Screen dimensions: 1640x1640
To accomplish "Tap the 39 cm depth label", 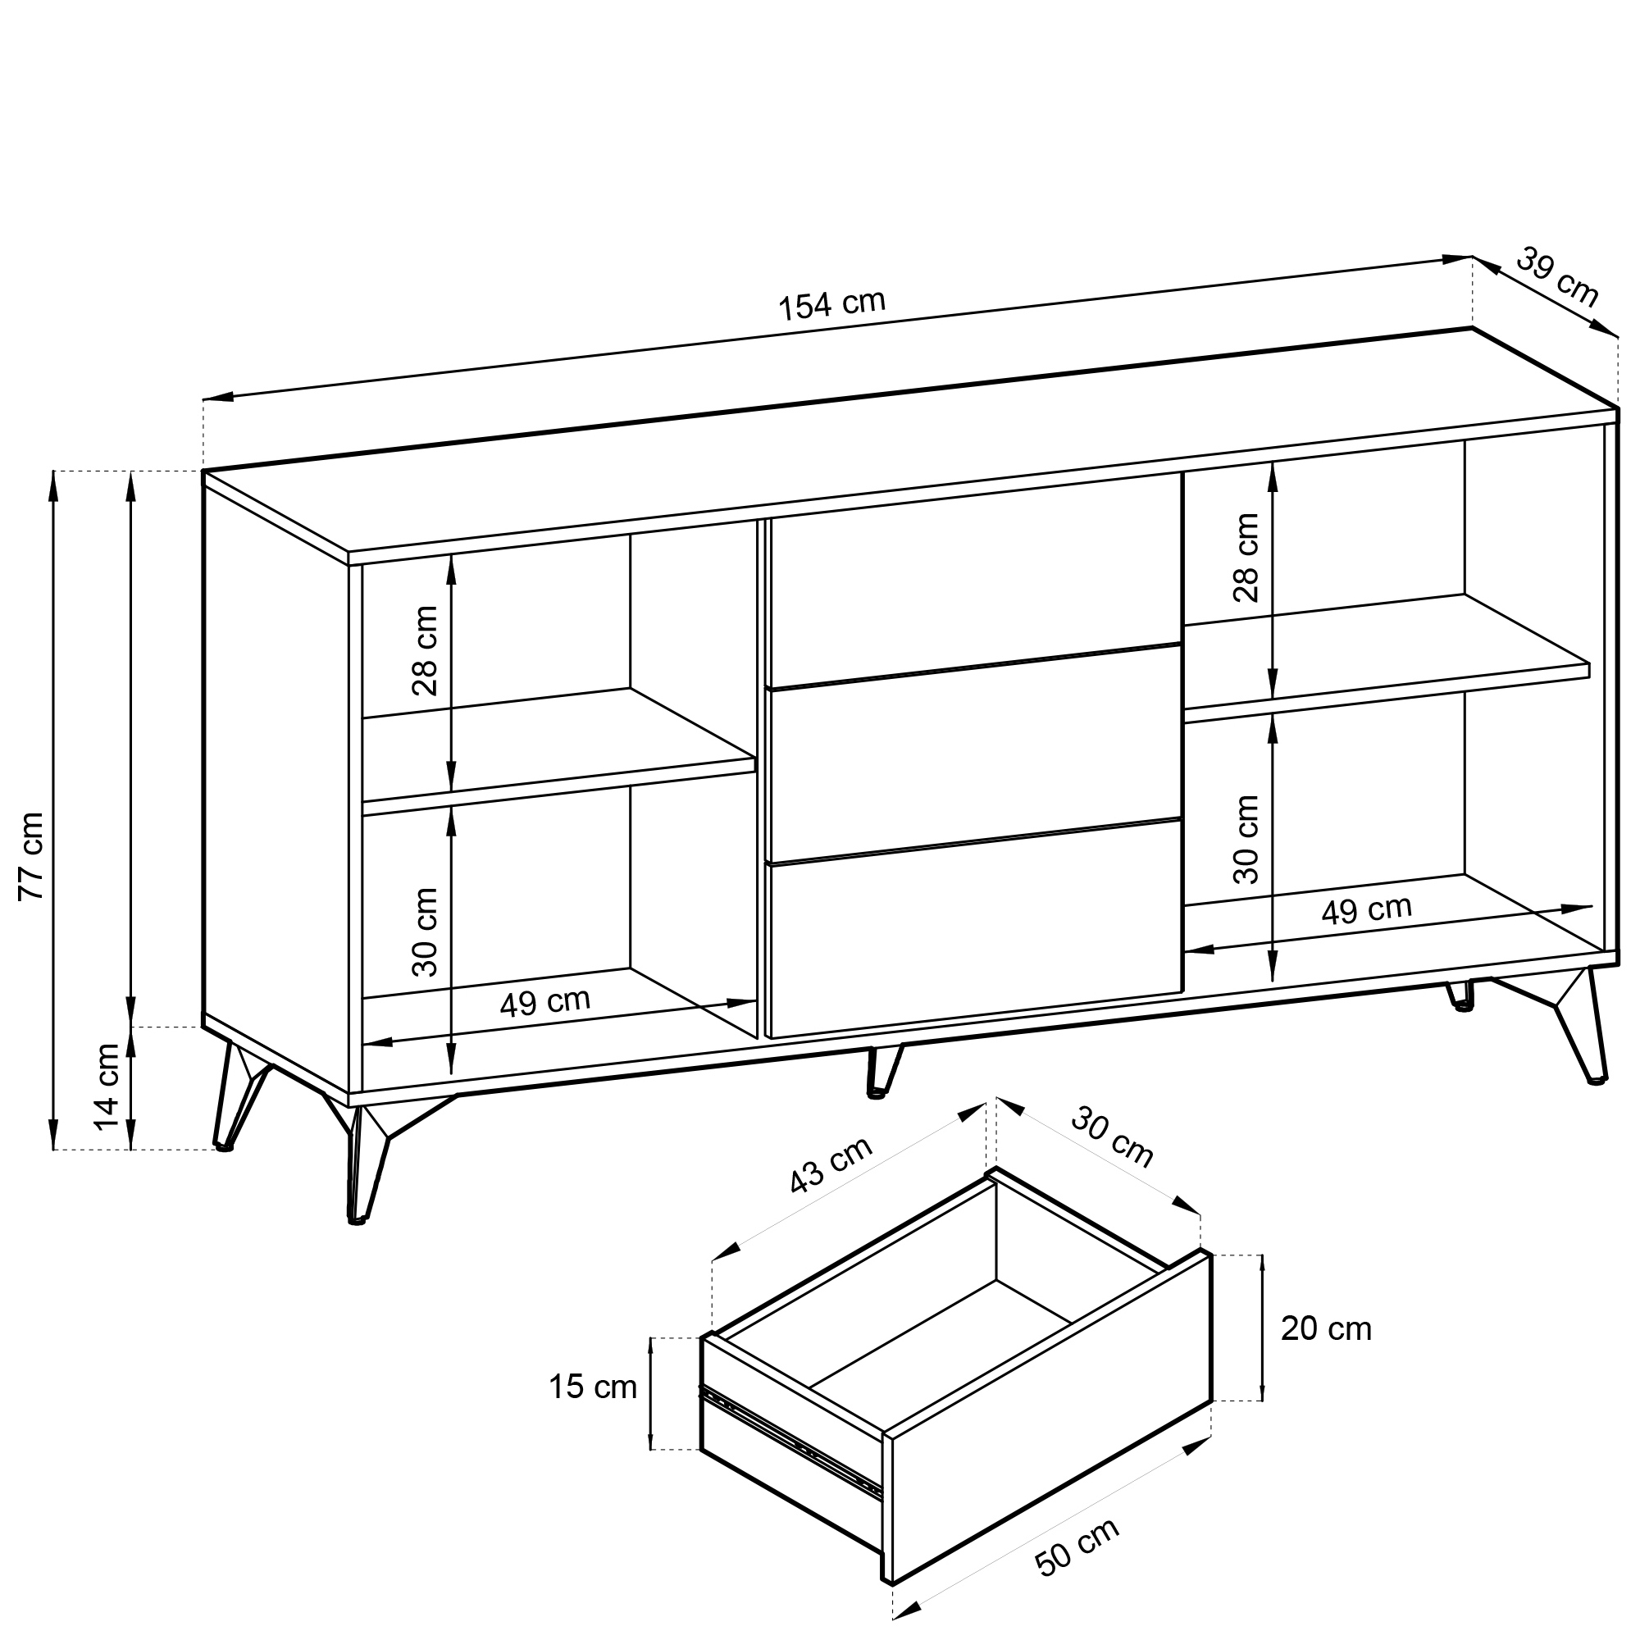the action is click(1557, 276).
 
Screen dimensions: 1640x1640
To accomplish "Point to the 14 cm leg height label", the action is click(107, 1087).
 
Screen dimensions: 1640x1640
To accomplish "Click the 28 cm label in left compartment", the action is click(425, 651).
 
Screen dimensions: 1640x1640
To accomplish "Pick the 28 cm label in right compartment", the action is click(1246, 558).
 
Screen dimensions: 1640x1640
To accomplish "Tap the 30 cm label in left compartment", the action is click(425, 932).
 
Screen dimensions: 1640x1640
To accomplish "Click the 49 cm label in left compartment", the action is click(545, 1003).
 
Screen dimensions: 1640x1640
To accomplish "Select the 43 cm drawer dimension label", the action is click(831, 1164).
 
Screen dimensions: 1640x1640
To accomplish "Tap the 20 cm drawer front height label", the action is click(1326, 1328).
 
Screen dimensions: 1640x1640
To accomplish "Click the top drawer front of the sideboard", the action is click(974, 579).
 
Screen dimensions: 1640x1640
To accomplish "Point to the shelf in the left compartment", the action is click(558, 745).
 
